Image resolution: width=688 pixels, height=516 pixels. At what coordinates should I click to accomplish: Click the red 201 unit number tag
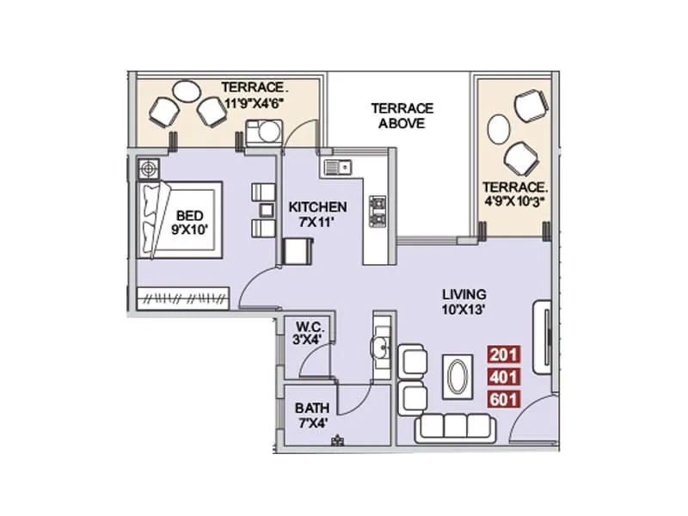(503, 353)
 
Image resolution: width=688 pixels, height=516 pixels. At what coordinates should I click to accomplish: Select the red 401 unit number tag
(503, 376)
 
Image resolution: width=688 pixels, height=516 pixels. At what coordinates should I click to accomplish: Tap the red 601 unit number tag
(503, 399)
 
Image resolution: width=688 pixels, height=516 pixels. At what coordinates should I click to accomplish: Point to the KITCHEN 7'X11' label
(317, 214)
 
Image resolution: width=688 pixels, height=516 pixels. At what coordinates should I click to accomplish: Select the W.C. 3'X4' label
(308, 334)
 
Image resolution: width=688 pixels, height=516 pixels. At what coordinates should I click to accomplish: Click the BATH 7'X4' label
(310, 415)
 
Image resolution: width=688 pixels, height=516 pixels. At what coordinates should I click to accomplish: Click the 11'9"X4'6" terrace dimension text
(255, 101)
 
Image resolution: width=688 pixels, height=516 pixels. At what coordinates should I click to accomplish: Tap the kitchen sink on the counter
(335, 167)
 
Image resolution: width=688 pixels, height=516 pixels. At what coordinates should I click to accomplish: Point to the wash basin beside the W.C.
(379, 347)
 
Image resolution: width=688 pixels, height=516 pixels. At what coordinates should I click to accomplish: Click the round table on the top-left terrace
(187, 89)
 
